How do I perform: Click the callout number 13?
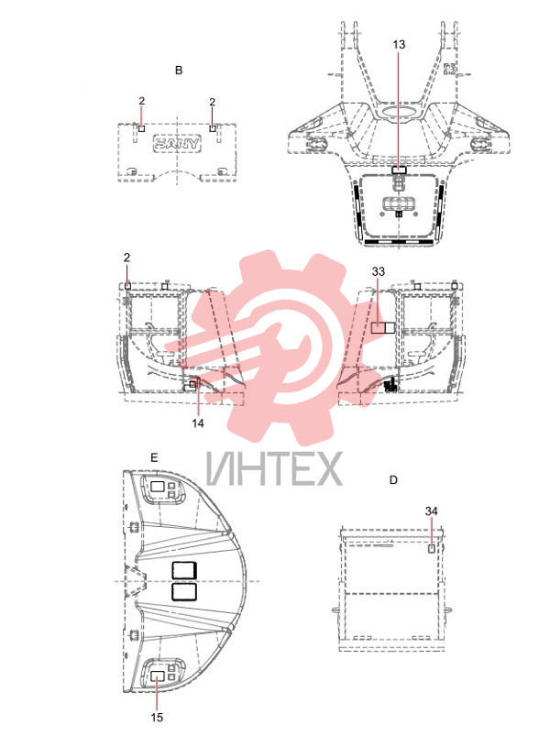(399, 45)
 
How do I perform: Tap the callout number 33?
(379, 271)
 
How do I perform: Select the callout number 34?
(431, 511)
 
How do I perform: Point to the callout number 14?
(198, 423)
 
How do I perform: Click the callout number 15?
(157, 718)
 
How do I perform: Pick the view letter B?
(179, 71)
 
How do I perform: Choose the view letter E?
(154, 457)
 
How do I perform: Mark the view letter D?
(393, 480)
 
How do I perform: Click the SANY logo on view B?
(177, 143)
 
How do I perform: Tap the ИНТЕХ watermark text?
(274, 468)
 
